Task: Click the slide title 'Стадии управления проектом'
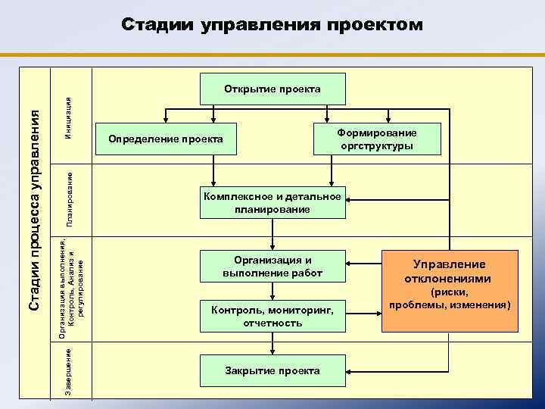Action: coord(272,25)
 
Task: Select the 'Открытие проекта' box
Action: coord(272,89)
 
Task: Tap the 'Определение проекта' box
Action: coord(166,139)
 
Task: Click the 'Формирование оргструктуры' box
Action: coord(376,139)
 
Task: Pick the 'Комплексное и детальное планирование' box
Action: coord(272,203)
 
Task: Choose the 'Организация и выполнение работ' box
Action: coord(272,266)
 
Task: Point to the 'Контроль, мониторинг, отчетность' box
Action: coord(272,317)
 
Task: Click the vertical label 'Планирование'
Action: coord(69,198)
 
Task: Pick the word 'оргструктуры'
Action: coord(376,146)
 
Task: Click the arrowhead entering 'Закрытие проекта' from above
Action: coord(272,349)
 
